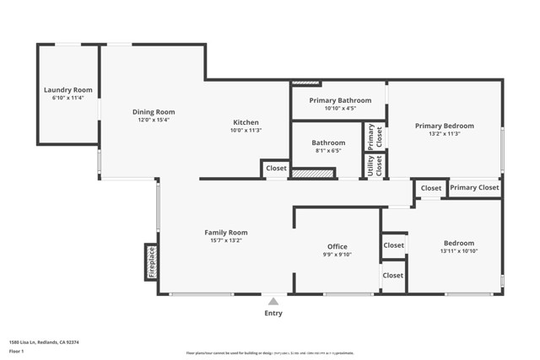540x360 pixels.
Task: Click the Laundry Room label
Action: (68, 90)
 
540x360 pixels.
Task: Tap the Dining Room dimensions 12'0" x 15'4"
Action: (153, 120)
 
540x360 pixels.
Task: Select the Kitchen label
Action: (246, 122)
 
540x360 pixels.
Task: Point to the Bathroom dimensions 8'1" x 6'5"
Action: (328, 151)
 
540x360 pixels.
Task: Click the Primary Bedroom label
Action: (444, 126)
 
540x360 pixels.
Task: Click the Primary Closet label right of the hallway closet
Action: (474, 188)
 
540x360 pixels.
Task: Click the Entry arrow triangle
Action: (273, 300)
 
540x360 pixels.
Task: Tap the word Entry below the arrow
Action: (273, 314)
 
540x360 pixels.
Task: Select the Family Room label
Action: (226, 233)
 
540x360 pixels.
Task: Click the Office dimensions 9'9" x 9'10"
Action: (337, 255)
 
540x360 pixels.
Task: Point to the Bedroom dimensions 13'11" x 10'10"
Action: (458, 251)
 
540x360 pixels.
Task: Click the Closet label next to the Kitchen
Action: (276, 169)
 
